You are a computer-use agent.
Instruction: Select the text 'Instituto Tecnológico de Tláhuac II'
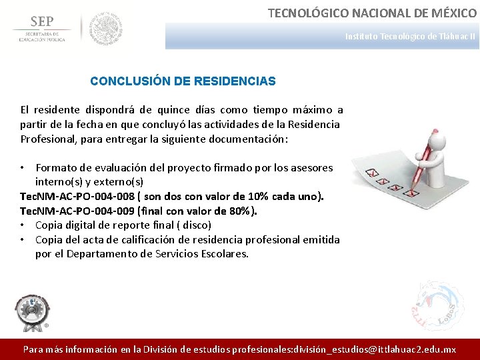pyautogui.click(x=410, y=37)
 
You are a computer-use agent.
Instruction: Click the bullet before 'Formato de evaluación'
pyautogui.click(x=24, y=167)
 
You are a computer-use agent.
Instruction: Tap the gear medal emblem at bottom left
pyautogui.click(x=31, y=310)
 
